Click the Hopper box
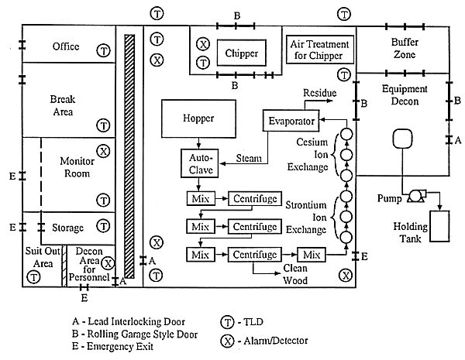click(x=198, y=118)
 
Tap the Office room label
click(x=66, y=46)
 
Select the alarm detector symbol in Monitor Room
click(x=102, y=151)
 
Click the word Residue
click(x=319, y=93)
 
